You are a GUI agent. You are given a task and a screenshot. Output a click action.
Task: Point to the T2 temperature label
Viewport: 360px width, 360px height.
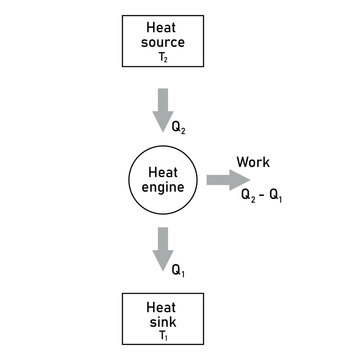point(165,59)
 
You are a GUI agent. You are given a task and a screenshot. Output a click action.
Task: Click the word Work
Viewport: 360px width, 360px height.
point(253,162)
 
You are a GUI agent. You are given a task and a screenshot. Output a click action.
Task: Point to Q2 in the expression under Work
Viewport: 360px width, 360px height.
point(249,197)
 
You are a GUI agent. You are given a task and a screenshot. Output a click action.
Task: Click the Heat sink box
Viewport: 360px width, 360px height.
point(164,319)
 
